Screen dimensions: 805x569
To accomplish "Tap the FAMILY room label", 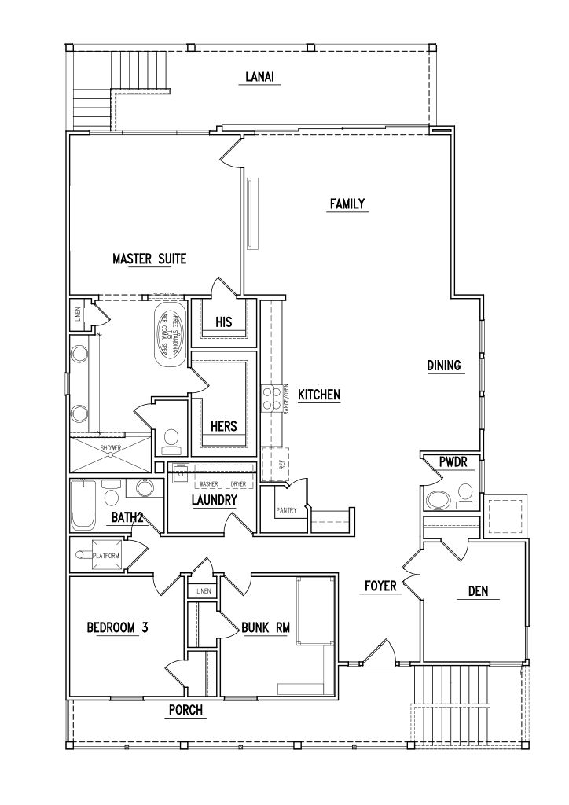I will tap(347, 204).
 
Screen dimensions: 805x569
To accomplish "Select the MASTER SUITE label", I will tap(149, 259).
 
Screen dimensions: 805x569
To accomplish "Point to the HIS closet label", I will tap(224, 322).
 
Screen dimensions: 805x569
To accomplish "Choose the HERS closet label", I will tap(224, 426).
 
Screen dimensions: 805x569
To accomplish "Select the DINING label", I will tap(443, 365).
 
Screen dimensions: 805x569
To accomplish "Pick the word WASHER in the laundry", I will tap(208, 484).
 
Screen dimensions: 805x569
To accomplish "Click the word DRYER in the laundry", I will tap(238, 484).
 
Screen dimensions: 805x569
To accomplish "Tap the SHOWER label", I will tap(110, 449).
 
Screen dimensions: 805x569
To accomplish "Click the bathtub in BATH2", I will tap(83, 505).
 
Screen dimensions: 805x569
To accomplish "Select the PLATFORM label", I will tap(106, 556).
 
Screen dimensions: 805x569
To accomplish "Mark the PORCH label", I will tap(186, 711).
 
